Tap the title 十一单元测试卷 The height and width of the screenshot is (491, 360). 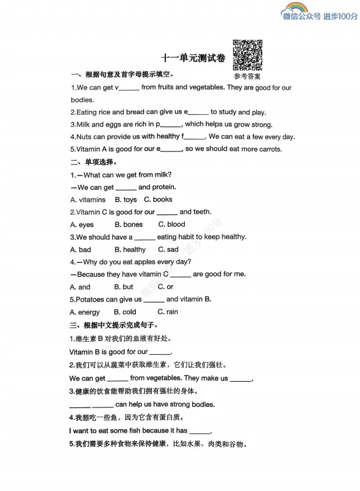click(x=193, y=59)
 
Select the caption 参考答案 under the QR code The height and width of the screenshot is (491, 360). click(x=247, y=77)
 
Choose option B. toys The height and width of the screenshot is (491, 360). click(x=126, y=199)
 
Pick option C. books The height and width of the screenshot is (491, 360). click(x=158, y=199)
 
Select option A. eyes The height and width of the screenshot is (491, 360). click(x=82, y=225)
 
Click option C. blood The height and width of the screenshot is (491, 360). click(x=171, y=225)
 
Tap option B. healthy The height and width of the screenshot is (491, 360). click(x=130, y=250)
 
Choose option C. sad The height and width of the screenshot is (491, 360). click(x=168, y=250)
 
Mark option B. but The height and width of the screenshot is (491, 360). click(x=123, y=287)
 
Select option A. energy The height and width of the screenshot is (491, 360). click(x=85, y=312)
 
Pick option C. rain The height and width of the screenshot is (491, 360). click(x=168, y=312)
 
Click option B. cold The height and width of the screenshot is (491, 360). click(x=125, y=312)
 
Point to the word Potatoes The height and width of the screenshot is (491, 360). click(x=90, y=300)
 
